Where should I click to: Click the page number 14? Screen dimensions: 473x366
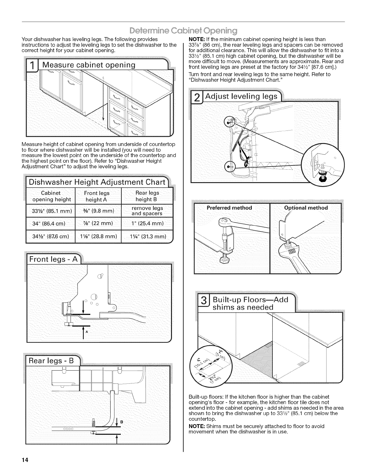click(x=25, y=460)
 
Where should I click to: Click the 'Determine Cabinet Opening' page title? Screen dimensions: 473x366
click(x=183, y=31)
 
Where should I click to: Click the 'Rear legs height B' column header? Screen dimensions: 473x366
click(x=147, y=196)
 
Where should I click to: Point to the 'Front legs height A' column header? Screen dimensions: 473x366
click(x=97, y=196)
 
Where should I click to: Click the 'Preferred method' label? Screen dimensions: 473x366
click(x=229, y=208)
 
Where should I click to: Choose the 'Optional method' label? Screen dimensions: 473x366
click(x=306, y=208)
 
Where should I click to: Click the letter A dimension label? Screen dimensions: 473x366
click(x=87, y=332)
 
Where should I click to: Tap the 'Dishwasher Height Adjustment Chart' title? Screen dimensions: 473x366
click(x=97, y=182)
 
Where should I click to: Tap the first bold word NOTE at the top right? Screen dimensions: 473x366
click(x=196, y=39)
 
